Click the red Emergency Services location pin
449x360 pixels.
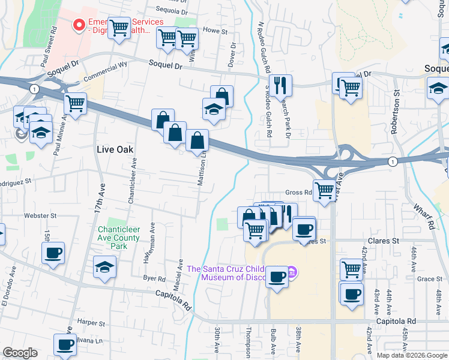[78, 25]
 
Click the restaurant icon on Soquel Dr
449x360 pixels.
[280, 85]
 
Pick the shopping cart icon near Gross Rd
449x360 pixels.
[324, 191]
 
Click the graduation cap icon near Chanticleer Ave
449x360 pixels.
[105, 267]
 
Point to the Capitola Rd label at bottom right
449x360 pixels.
[396, 322]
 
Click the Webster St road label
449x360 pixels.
[40, 215]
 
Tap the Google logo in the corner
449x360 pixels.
[20, 353]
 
